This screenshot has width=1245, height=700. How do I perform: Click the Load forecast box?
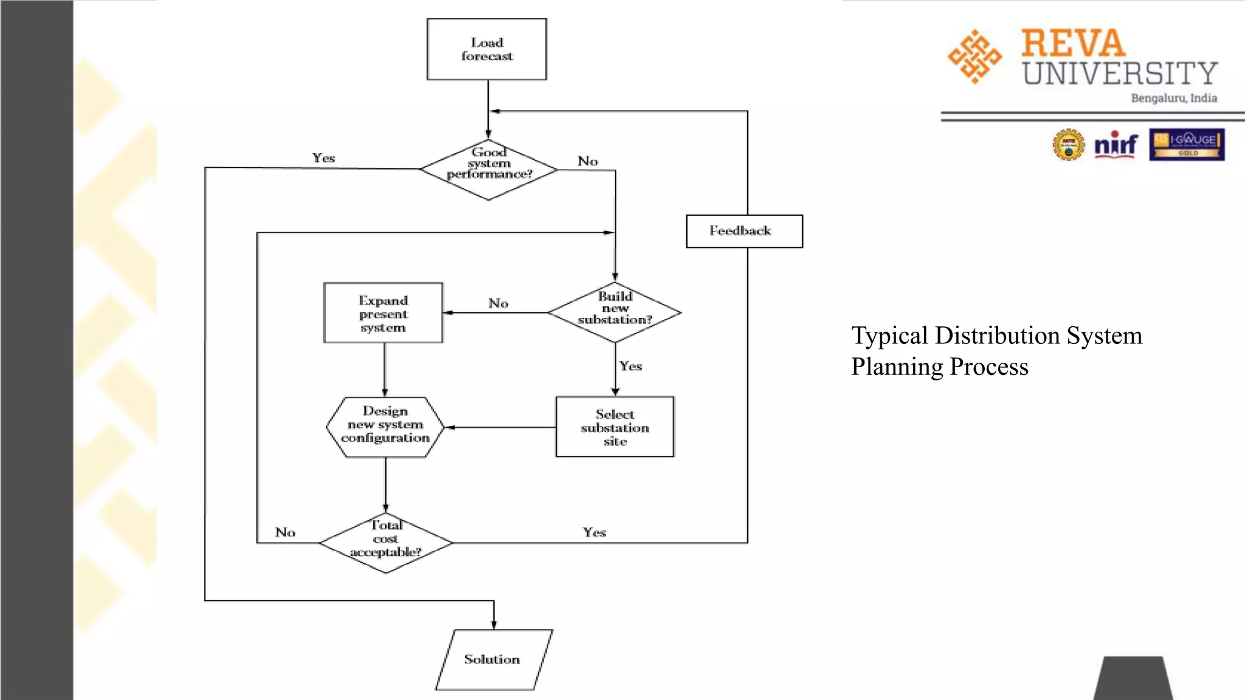click(486, 49)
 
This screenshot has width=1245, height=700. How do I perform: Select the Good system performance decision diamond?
click(489, 170)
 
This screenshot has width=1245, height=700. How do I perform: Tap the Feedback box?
click(743, 231)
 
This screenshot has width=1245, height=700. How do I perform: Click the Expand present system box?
click(383, 313)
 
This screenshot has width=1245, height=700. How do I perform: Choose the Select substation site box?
click(615, 427)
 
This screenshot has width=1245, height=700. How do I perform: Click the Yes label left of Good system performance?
click(323, 158)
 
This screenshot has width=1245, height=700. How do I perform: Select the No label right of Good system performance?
click(587, 161)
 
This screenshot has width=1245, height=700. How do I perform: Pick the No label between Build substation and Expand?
click(498, 303)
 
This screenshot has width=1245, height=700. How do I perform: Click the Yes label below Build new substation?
click(630, 366)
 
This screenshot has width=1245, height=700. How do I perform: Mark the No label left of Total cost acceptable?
click(285, 532)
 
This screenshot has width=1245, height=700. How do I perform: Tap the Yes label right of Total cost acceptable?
click(594, 532)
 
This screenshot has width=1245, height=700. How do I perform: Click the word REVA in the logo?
click(1073, 44)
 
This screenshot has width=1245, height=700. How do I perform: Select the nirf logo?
click(1116, 145)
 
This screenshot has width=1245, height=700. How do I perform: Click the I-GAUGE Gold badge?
click(1187, 145)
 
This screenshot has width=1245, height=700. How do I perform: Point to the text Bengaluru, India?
click(1173, 98)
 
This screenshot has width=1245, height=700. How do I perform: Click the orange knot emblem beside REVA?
click(974, 57)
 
